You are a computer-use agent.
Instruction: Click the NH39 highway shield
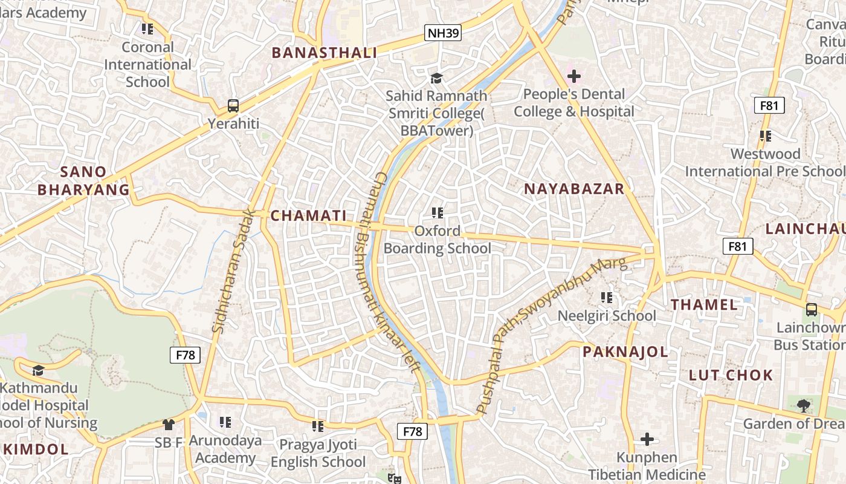(x=443, y=33)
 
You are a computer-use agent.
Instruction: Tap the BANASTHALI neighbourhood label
(x=325, y=53)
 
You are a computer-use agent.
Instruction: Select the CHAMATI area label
(x=308, y=215)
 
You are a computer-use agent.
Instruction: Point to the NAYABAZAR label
(x=574, y=189)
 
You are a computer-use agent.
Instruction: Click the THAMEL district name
(x=705, y=304)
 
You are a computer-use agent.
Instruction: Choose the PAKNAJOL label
(x=625, y=352)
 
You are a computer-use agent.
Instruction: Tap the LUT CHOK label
(x=731, y=375)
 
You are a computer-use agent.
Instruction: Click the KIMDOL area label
(x=36, y=449)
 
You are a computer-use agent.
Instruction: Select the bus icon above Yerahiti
(x=233, y=106)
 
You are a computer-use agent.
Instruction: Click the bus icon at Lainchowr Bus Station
(x=812, y=309)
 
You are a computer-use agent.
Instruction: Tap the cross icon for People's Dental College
(x=574, y=76)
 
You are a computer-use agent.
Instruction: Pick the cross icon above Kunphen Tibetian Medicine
(x=647, y=439)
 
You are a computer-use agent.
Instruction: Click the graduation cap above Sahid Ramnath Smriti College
(x=436, y=78)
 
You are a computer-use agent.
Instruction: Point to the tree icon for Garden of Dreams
(x=803, y=405)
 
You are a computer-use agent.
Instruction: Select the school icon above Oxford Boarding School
(x=438, y=212)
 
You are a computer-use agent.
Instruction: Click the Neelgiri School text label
(x=607, y=316)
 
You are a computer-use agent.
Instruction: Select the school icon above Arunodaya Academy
(x=225, y=422)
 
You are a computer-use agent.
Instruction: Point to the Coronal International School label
(x=147, y=64)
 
